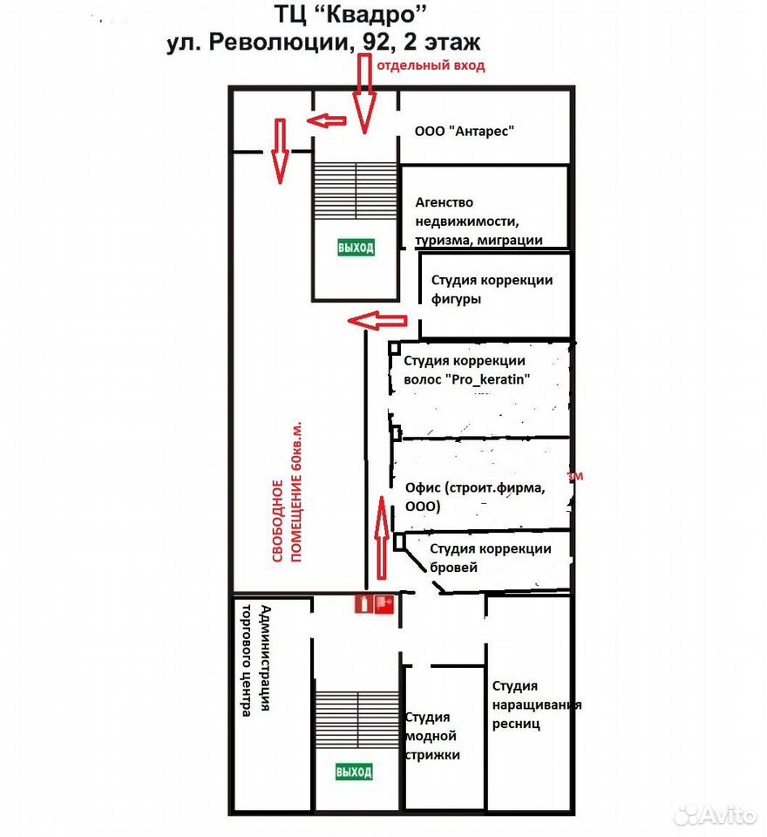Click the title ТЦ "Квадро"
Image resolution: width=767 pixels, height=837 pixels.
pos(350,15)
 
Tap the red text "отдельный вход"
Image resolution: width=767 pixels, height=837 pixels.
pos(431,65)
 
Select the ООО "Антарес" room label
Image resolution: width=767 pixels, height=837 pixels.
pos(465,131)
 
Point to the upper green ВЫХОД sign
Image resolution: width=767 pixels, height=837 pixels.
pos(356,247)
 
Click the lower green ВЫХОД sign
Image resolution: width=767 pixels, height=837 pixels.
pos(354,772)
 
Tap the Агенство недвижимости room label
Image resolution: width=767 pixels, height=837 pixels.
pos(479,221)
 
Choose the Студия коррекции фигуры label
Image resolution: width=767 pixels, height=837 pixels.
pos(492,289)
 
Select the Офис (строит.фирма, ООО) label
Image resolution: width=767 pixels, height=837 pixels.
pos(475,496)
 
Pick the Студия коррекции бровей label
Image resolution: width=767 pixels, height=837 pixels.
pos(490,558)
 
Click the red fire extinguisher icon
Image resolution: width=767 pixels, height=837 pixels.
pos(363,604)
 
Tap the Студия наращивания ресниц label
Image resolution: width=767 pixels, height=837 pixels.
pos(536,704)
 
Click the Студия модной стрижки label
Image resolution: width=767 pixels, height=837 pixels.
pos(432,736)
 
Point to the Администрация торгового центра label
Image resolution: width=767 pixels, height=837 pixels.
pos(255,660)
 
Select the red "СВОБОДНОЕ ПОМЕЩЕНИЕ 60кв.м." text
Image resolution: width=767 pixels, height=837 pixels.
pos(287,491)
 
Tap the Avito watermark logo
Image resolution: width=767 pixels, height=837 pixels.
pos(716,814)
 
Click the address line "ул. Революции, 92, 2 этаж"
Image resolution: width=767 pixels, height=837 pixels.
pos(323,42)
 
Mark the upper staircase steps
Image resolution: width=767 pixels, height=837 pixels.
pos(356,191)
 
